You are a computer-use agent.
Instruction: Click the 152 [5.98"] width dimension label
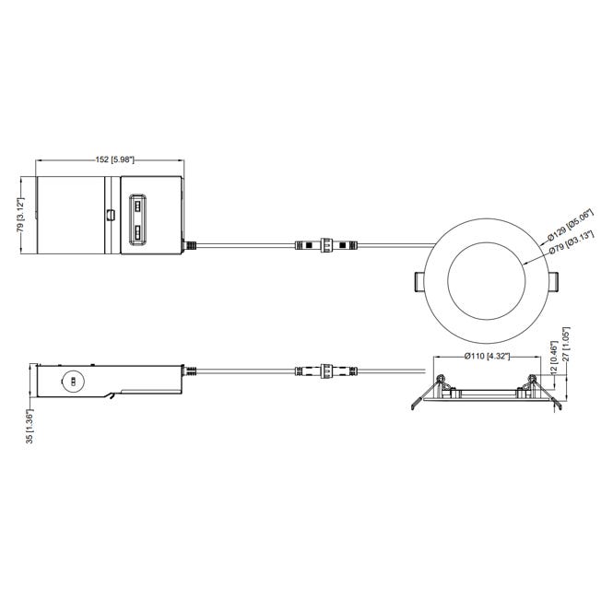coord(110,159)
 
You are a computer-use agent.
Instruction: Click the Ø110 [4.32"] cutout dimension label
coord(486,356)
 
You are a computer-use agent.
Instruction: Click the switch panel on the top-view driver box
coord(136,218)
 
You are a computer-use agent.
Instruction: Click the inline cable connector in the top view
coord(324,246)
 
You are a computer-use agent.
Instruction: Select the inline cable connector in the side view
coord(324,372)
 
